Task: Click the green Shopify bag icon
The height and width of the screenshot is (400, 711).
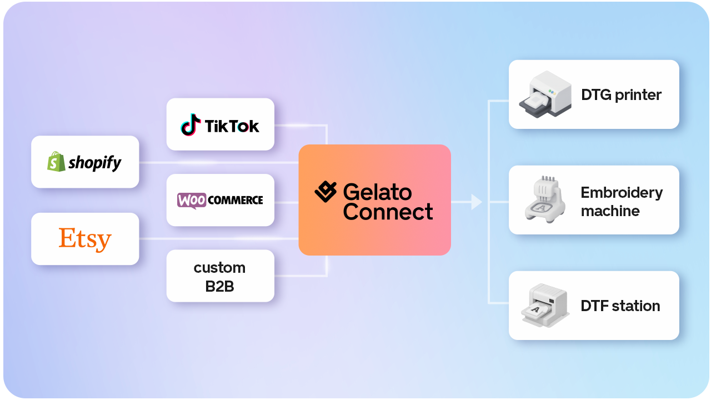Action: pyautogui.click(x=56, y=162)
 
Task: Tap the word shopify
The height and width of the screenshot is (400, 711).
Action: pyautogui.click(x=95, y=163)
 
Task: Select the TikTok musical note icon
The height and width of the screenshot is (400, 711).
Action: pyautogui.click(x=191, y=125)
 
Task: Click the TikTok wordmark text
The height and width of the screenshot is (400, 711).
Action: pyautogui.click(x=232, y=126)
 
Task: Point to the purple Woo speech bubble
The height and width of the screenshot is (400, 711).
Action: pyautogui.click(x=192, y=201)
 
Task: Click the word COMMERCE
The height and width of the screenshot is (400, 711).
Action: pyautogui.click(x=235, y=201)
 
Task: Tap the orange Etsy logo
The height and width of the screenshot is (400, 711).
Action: pyautogui.click(x=85, y=239)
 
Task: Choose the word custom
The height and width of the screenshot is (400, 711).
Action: pyautogui.click(x=219, y=268)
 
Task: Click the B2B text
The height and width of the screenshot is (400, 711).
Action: pyautogui.click(x=219, y=286)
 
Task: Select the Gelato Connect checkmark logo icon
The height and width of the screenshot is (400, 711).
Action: pyautogui.click(x=326, y=192)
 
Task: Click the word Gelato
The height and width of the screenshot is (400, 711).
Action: pyautogui.click(x=377, y=192)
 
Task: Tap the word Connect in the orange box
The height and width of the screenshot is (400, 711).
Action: pyautogui.click(x=388, y=212)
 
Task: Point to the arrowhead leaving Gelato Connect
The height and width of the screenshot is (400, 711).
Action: pyautogui.click(x=477, y=202)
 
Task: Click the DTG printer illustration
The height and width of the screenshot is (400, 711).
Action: pyautogui.click(x=545, y=94)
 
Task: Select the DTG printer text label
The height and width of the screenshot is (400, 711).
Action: pyautogui.click(x=621, y=95)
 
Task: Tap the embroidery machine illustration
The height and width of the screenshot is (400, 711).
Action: pyautogui.click(x=545, y=199)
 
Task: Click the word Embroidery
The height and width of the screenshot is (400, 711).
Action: pyautogui.click(x=622, y=193)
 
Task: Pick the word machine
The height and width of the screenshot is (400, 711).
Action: pyautogui.click(x=610, y=211)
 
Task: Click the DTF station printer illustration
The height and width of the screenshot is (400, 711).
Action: pyautogui.click(x=545, y=306)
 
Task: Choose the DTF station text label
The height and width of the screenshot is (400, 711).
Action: pyautogui.click(x=620, y=306)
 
